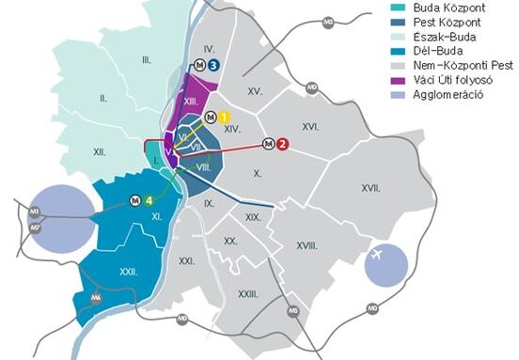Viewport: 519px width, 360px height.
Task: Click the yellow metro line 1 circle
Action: coord(224,117)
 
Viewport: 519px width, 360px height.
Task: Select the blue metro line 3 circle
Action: coord(214,65)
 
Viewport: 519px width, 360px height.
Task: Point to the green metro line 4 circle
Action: coord(149,199)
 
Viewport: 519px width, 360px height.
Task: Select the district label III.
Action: coord(147,60)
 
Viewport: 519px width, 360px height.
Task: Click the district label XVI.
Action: coord(311,124)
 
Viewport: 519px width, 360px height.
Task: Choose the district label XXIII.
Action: coord(248,294)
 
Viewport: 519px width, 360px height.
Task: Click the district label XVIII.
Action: coord(307,245)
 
